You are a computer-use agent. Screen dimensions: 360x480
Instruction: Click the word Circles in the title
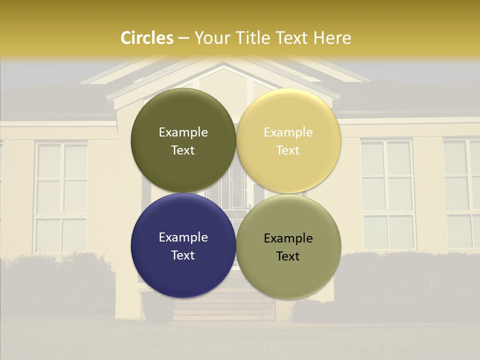pos(147,38)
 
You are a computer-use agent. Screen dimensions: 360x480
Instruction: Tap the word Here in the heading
pos(332,38)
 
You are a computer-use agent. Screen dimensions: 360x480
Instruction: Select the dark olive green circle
pos(183,140)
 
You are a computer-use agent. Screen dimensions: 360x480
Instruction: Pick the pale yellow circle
pos(288,140)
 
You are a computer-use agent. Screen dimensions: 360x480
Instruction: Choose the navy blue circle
pos(183,245)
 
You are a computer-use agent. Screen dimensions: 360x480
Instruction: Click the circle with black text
pos(288,246)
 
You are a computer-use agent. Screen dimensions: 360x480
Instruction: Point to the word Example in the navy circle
pos(183,237)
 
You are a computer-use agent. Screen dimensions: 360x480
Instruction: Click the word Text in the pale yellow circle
pos(288,150)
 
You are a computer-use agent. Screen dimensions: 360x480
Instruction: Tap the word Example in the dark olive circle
pos(183,132)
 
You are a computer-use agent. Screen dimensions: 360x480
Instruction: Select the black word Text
pos(288,256)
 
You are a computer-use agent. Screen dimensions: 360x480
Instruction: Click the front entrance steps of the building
pos(223,307)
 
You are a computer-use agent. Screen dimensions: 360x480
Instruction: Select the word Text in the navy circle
pos(183,255)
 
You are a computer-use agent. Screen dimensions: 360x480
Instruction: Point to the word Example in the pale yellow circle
pos(288,132)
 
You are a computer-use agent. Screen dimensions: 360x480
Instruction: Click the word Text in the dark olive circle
pos(183,150)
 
